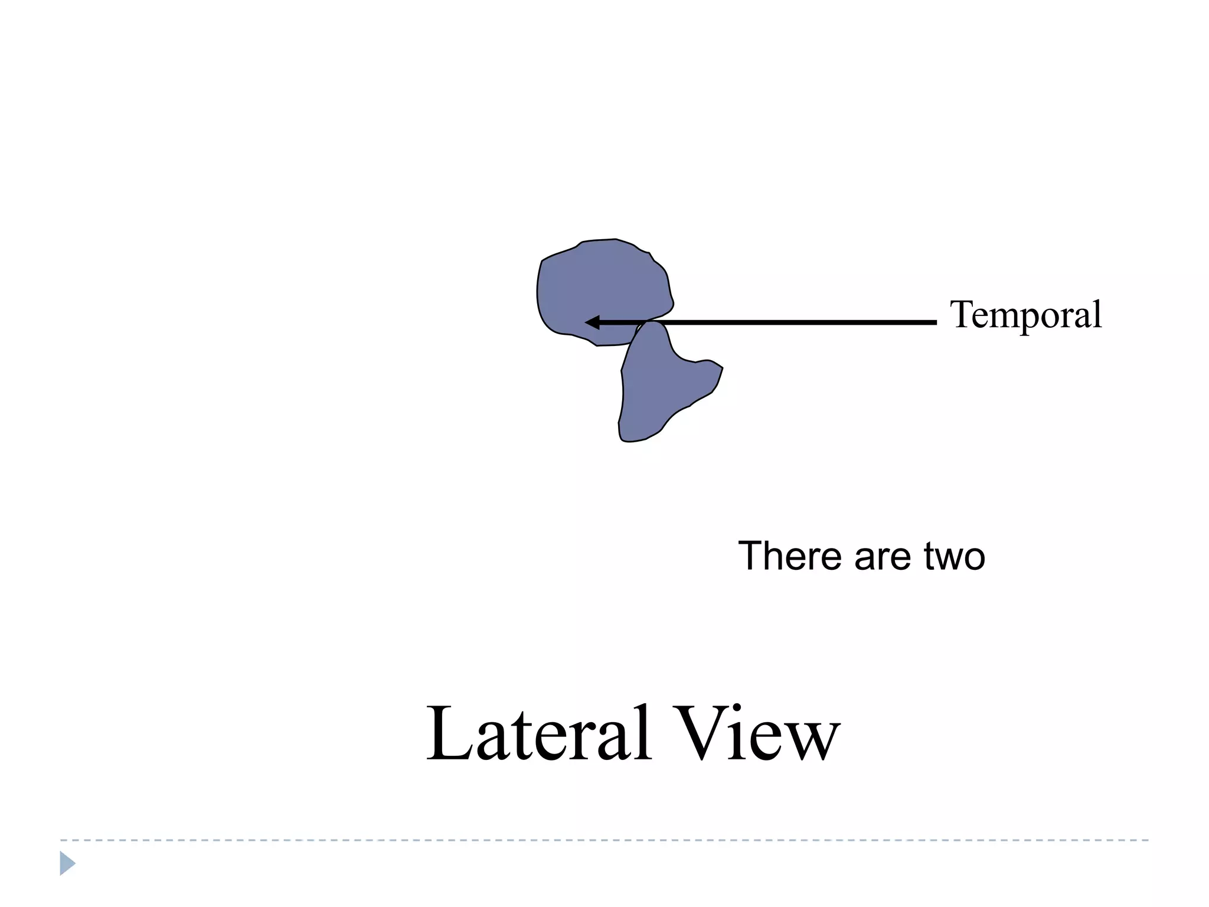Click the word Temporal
point(1025,315)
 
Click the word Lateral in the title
point(538,734)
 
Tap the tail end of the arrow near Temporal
point(934,322)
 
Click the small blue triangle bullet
point(67,863)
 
